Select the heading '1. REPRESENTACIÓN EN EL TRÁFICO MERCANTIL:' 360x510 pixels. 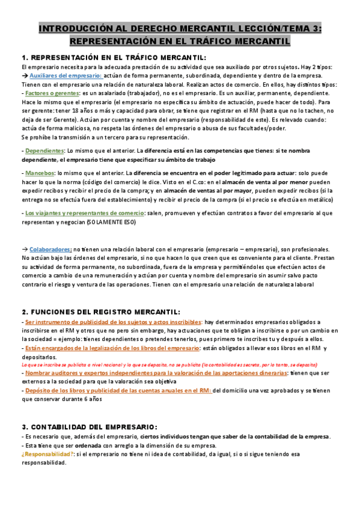(113, 58)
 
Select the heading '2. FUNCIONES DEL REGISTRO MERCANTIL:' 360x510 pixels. (100, 312)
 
